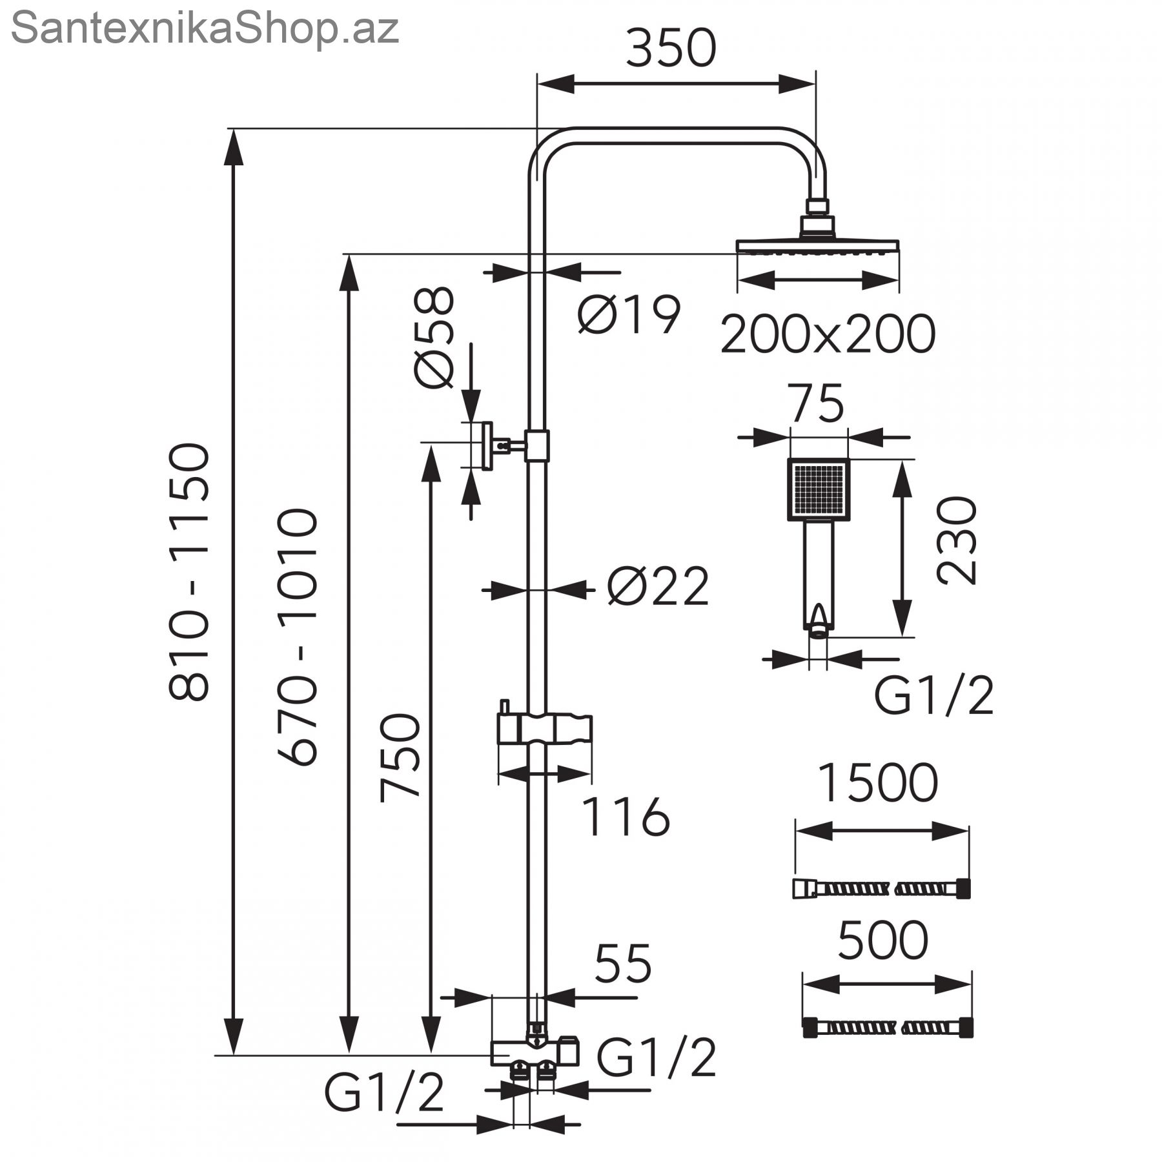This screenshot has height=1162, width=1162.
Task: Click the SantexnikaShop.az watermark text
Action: coord(205,28)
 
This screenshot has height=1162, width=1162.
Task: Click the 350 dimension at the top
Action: coord(671,48)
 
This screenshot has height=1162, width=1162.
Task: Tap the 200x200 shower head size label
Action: coord(828,334)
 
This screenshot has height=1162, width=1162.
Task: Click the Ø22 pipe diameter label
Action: coord(658,587)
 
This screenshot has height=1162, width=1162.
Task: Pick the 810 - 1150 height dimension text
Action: coord(189,572)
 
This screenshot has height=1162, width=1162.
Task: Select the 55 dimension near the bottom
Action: coord(623,964)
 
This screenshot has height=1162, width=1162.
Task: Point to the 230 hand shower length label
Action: coord(957,540)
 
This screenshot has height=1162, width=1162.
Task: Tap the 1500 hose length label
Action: coord(878,783)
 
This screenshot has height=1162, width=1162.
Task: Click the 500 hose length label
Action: coord(883,941)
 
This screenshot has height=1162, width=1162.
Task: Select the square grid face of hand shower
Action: coord(818,489)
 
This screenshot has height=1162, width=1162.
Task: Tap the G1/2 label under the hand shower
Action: coord(933,696)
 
